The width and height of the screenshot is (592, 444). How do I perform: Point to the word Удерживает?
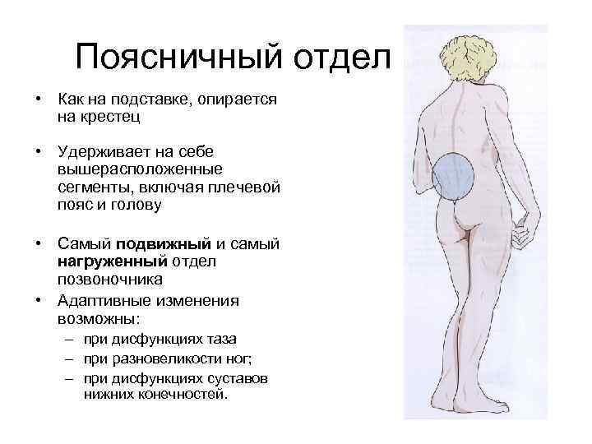point(104,153)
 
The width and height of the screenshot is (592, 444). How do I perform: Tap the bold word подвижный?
point(164,244)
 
